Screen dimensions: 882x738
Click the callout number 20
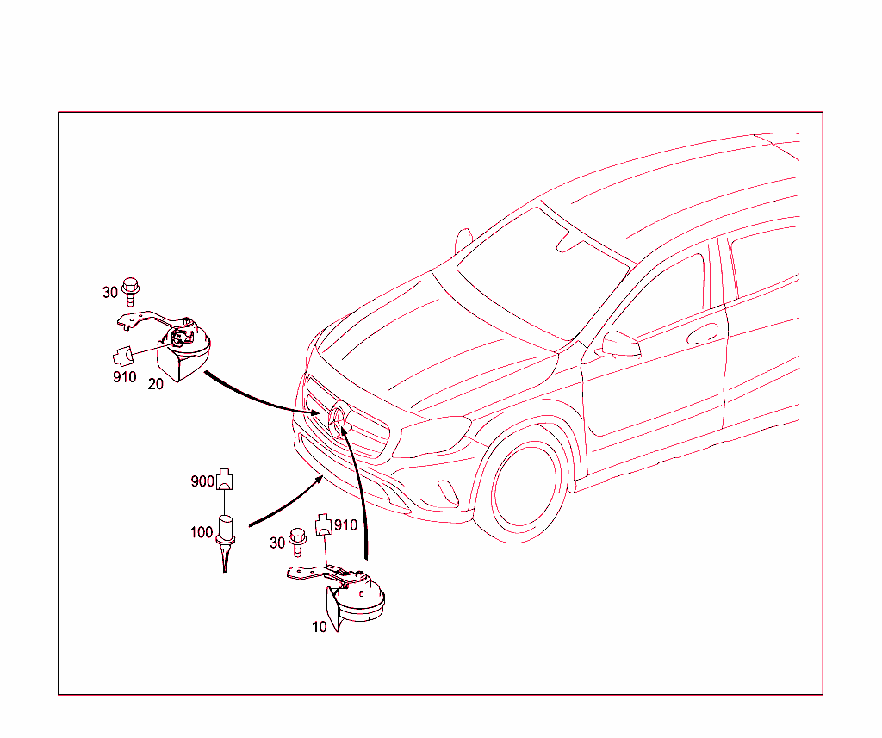tap(155, 384)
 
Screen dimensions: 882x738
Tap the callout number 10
tap(320, 627)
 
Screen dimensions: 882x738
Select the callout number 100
tap(202, 532)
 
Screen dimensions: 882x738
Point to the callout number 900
tap(202, 481)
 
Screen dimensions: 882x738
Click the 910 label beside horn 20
tap(124, 377)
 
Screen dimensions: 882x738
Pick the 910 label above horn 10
tap(345, 525)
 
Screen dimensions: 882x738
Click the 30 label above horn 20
tap(110, 293)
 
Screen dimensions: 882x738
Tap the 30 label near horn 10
tap(277, 543)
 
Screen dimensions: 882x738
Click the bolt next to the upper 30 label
tap(131, 291)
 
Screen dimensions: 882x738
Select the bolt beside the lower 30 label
tap(297, 542)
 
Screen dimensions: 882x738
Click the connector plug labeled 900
tap(225, 479)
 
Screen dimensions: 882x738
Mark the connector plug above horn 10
tap(323, 524)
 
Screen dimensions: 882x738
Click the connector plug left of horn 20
tap(124, 357)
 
